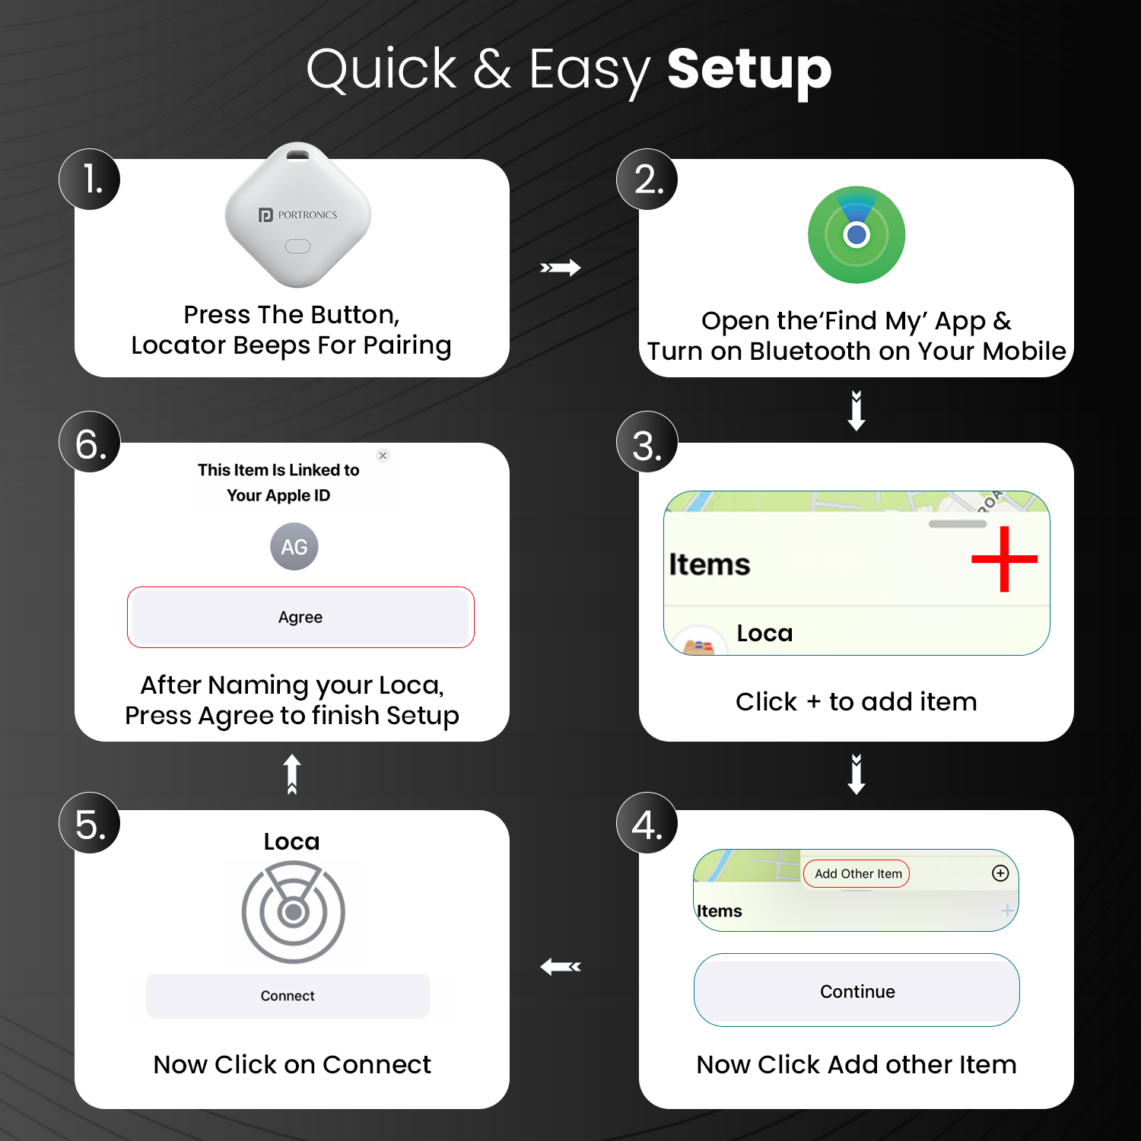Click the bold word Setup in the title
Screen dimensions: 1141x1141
pyautogui.click(x=749, y=70)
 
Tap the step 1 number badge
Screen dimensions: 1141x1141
pyautogui.click(x=90, y=180)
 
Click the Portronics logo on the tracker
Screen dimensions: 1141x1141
pyautogui.click(x=298, y=215)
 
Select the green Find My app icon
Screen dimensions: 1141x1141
pyautogui.click(x=857, y=234)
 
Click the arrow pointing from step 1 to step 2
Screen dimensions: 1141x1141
pyautogui.click(x=561, y=268)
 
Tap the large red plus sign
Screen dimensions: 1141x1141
pyautogui.click(x=1004, y=559)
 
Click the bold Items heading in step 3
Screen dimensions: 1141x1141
pyautogui.click(x=709, y=564)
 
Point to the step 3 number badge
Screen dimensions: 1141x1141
pyautogui.click(x=647, y=443)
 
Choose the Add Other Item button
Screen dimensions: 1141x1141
pyautogui.click(x=857, y=874)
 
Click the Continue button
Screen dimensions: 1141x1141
pyautogui.click(x=857, y=991)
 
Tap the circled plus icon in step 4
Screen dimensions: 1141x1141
pyautogui.click(x=1000, y=873)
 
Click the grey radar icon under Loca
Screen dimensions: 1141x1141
pyautogui.click(x=293, y=911)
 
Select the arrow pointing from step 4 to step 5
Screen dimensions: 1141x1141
pyautogui.click(x=561, y=967)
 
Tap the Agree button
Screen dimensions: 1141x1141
pyautogui.click(x=300, y=617)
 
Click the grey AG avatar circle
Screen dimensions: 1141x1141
pyautogui.click(x=294, y=546)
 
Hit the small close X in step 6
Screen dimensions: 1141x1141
pyautogui.click(x=383, y=456)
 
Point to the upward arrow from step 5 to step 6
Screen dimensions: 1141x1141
pyautogui.click(x=292, y=774)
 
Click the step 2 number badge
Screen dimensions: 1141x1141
pyautogui.click(x=647, y=180)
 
